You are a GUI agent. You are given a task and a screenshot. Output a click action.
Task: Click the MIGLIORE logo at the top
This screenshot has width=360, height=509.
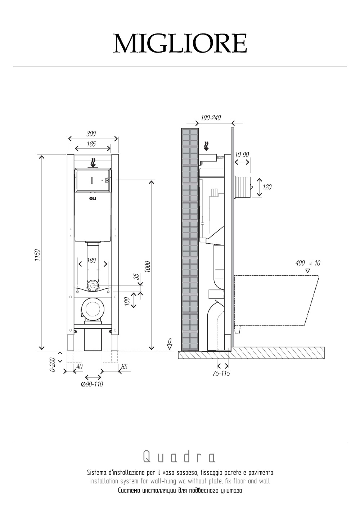coord(180,44)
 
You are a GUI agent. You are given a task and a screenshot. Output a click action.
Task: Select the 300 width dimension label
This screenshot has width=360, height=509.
coord(91,134)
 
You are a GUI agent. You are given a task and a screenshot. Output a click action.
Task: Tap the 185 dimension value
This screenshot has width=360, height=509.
coord(91,144)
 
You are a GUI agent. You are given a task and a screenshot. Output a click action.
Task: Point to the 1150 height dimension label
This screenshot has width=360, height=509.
coord(37,256)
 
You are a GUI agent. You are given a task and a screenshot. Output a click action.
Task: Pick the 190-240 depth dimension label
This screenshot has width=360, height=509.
coord(211,118)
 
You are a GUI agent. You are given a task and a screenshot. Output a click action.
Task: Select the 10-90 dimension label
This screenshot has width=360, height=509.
coord(242,154)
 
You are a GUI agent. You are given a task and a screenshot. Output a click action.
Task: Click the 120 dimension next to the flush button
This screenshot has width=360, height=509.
coord(267,187)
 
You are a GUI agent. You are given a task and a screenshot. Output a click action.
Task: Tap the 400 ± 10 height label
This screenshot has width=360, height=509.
coord(307,263)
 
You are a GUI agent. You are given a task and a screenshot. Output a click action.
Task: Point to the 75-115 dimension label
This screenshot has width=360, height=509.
coord(221,373)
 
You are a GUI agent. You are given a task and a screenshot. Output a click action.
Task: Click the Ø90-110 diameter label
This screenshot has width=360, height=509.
coord(92,384)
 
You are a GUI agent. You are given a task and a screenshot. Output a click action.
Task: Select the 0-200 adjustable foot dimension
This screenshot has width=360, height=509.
coord(52,364)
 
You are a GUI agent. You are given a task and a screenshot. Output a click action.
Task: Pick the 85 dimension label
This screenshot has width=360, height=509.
coord(124,367)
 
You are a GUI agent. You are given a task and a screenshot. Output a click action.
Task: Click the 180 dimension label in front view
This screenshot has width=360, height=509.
coord(91,261)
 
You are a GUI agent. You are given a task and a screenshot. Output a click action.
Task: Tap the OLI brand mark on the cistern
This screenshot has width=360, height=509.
coord(93,198)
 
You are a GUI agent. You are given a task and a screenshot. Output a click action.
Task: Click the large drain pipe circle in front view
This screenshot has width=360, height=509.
coord(93,308)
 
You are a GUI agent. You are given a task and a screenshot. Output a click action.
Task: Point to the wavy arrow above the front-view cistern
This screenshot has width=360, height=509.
coord(93,163)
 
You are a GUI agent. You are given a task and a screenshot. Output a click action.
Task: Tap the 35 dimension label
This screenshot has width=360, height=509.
coord(136,276)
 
